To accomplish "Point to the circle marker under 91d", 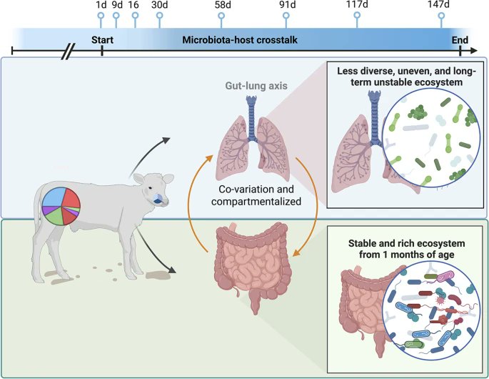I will (x=287, y=15).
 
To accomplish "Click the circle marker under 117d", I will (x=357, y=15).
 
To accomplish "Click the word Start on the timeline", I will (x=103, y=39).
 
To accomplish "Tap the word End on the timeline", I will (x=460, y=39).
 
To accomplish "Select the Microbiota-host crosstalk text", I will (x=235, y=39).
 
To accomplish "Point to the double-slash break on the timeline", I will (x=69, y=51).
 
